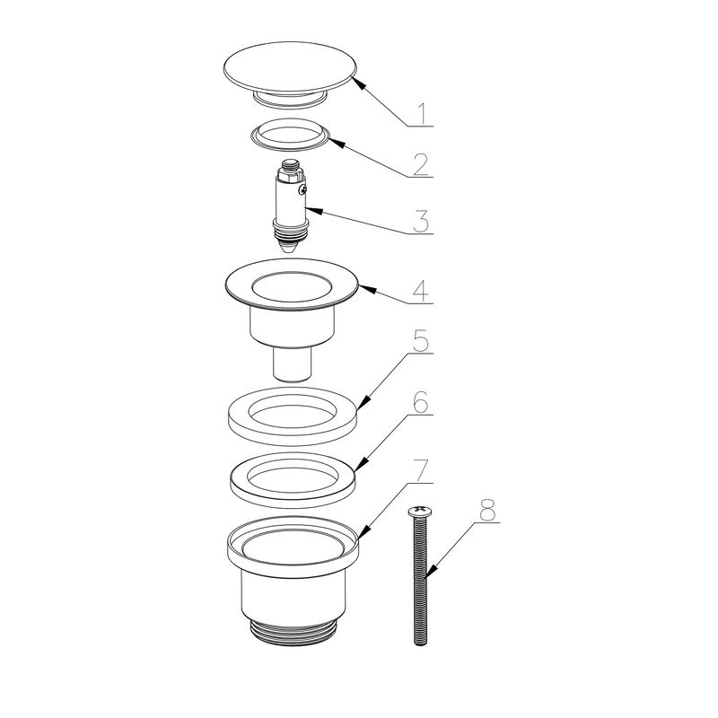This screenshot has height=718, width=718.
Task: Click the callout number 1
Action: [x=423, y=114]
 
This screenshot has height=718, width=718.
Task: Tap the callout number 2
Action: [x=420, y=164]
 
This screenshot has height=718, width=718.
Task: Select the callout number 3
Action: [x=420, y=222]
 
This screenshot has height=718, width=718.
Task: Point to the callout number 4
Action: [x=421, y=291]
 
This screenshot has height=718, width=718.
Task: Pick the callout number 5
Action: [x=421, y=341]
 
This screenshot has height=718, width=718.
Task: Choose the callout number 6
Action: [x=420, y=402]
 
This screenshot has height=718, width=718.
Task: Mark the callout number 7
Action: [x=420, y=470]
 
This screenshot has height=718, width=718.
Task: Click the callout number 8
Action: [x=487, y=510]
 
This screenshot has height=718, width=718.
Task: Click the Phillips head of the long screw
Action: [x=419, y=511]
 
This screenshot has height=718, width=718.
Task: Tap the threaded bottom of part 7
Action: [x=293, y=633]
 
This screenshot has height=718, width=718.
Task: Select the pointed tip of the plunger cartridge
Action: [x=288, y=250]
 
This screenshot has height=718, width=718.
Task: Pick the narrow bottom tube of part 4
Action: [x=293, y=364]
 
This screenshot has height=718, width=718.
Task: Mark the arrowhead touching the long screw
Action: [x=432, y=571]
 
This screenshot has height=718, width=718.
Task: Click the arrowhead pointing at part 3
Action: [x=314, y=211]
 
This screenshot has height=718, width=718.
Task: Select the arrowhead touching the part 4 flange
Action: [x=368, y=289]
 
